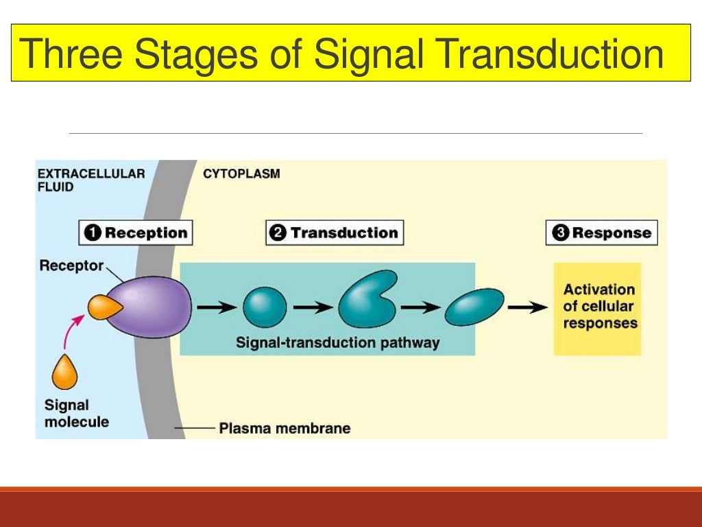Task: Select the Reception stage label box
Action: coord(136,233)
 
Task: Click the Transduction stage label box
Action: coord(335,233)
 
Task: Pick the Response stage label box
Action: coord(601,233)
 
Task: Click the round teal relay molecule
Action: coord(265,307)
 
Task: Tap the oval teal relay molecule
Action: coord(474,307)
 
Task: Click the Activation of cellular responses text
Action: coord(599,307)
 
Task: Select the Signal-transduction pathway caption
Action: coord(337,342)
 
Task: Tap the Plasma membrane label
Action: coord(285,428)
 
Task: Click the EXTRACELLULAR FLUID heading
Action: coord(90,180)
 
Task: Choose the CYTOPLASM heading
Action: coord(241,174)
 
